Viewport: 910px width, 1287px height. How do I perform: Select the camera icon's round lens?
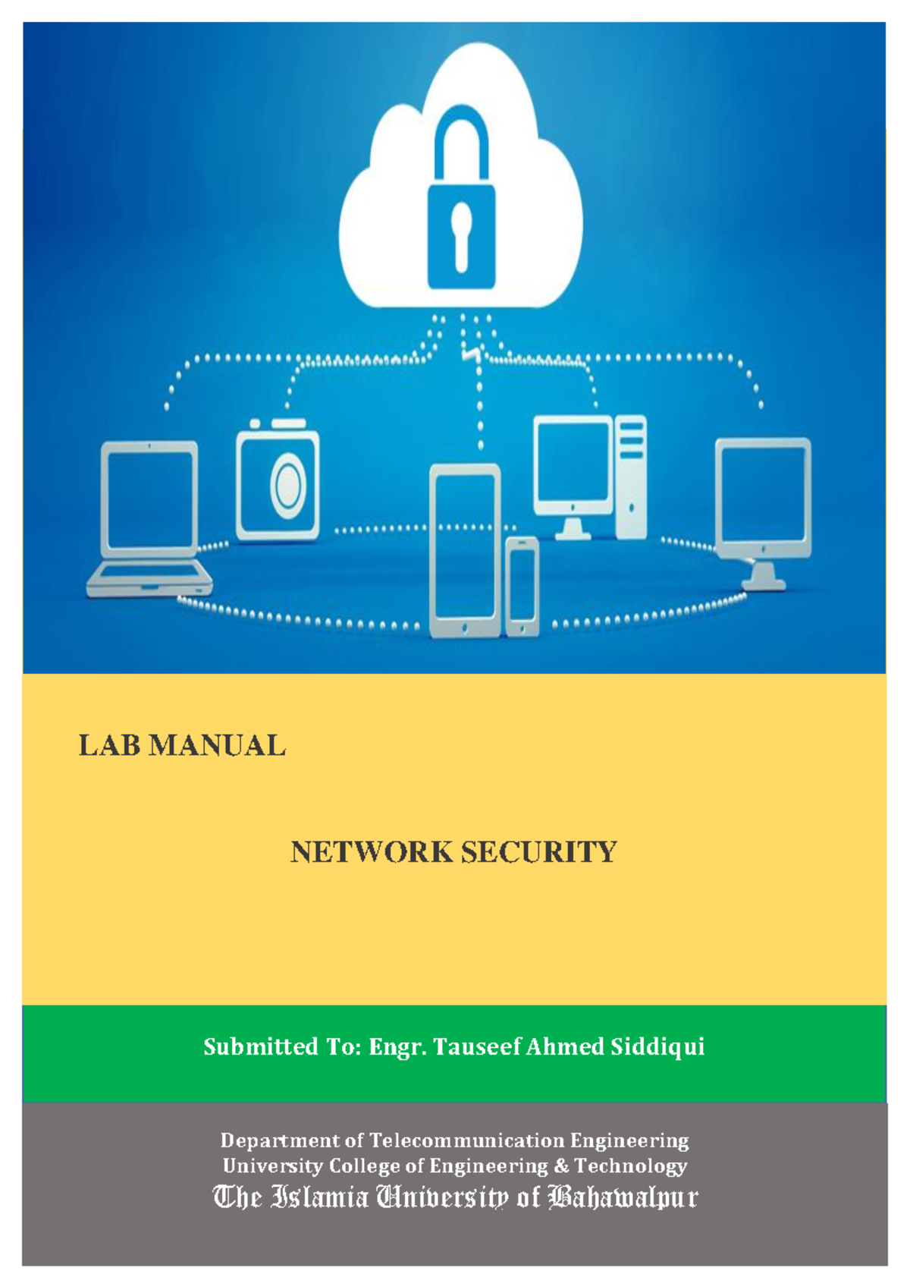(x=288, y=484)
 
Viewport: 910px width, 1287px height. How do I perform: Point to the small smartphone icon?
(x=522, y=584)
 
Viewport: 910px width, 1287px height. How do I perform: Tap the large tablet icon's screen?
(x=465, y=546)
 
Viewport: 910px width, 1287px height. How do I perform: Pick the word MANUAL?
(x=217, y=746)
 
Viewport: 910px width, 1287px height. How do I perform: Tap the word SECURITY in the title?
(x=538, y=852)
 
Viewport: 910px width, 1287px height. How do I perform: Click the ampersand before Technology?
(x=561, y=1166)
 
